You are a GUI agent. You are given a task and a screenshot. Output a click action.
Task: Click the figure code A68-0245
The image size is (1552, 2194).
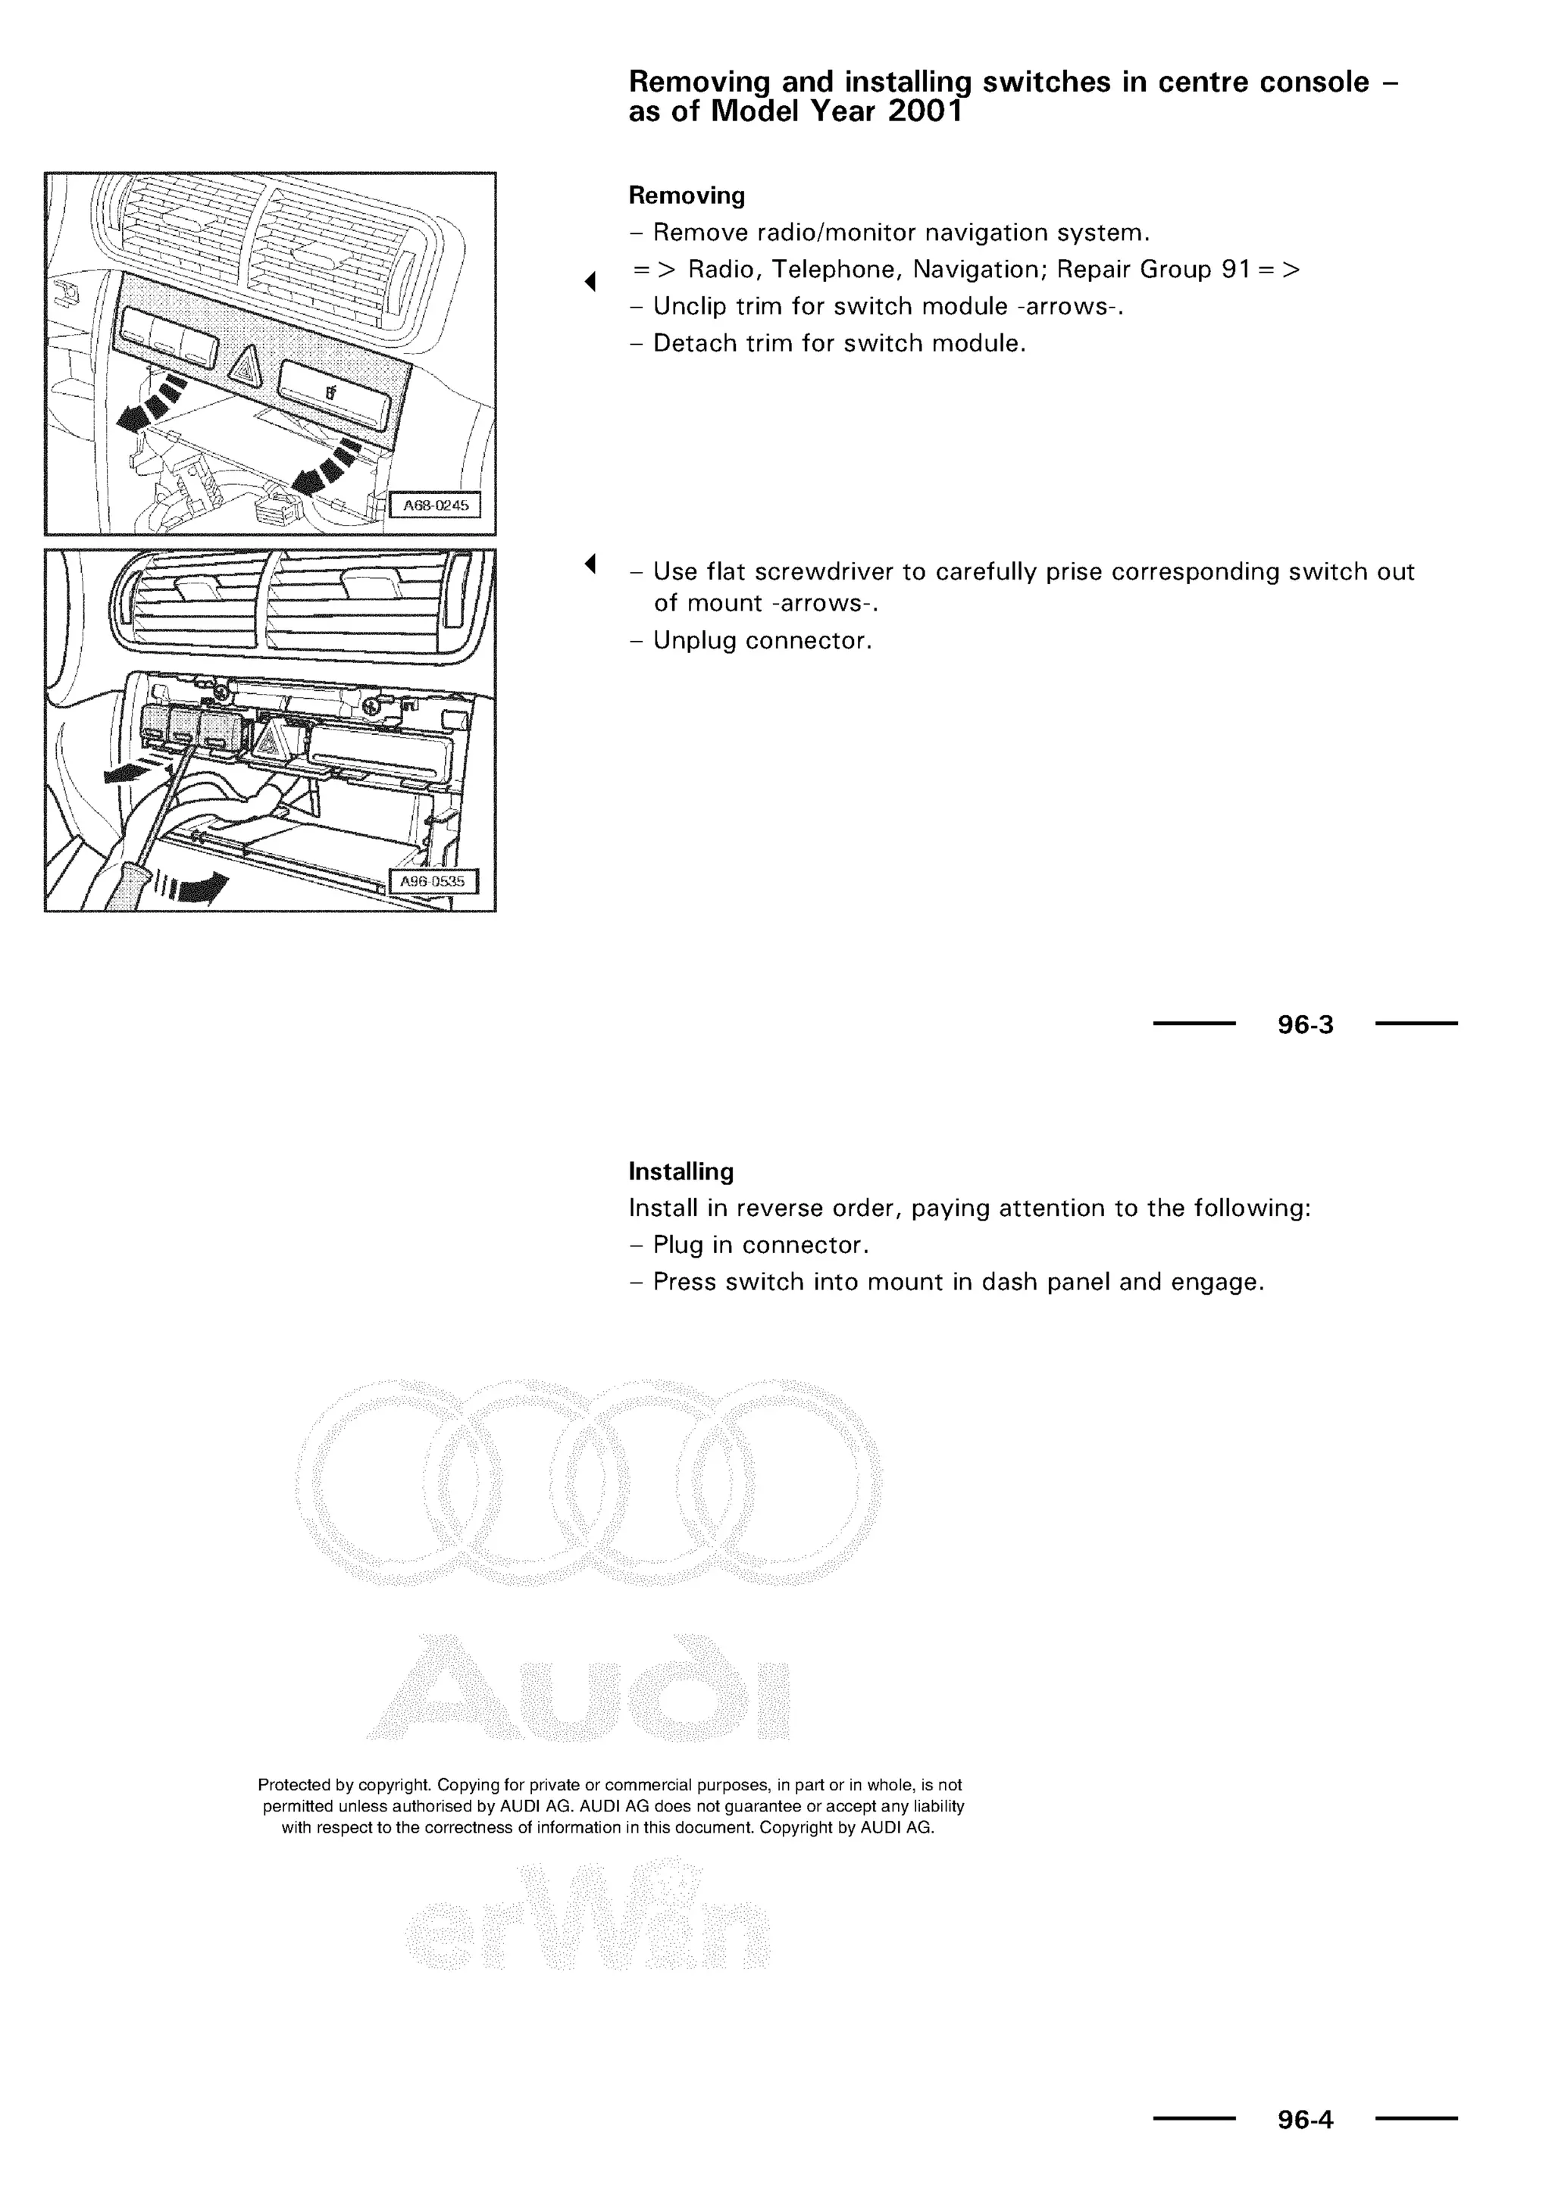click(x=436, y=505)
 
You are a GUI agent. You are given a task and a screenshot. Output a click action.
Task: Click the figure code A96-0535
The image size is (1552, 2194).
click(x=432, y=882)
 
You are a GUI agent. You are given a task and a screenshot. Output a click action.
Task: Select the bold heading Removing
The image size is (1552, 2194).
click(x=686, y=196)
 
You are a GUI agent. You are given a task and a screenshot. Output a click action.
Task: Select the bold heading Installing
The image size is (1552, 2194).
click(x=681, y=1171)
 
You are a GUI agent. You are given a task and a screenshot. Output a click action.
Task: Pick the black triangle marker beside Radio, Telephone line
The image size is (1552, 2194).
click(x=590, y=281)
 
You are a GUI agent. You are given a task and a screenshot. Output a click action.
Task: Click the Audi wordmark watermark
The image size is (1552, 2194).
click(x=578, y=1689)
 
